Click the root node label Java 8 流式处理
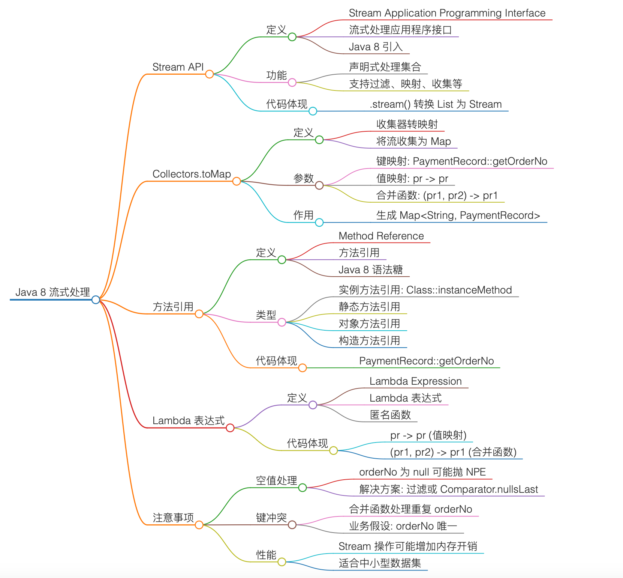[x=53, y=292]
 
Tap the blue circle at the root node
[x=96, y=300]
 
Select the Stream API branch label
[x=178, y=67]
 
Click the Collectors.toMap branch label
[x=192, y=174]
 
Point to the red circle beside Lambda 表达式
[x=230, y=428]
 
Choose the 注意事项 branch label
[x=173, y=518]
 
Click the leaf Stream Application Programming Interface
[x=447, y=13]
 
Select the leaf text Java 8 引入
[x=376, y=47]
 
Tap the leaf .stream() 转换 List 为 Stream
[x=436, y=104]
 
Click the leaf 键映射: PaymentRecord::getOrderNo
[x=461, y=161]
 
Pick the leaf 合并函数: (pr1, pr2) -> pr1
[x=437, y=196]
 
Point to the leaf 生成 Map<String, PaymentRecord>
[x=458, y=215]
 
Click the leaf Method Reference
[x=381, y=236]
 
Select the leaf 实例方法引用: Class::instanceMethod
[x=425, y=290]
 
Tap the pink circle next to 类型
[x=282, y=322]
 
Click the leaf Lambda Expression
[x=415, y=381]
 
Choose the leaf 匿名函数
[x=390, y=415]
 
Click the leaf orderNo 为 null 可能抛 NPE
[x=422, y=472]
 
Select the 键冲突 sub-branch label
[x=271, y=518]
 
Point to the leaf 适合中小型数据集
[x=380, y=563]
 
